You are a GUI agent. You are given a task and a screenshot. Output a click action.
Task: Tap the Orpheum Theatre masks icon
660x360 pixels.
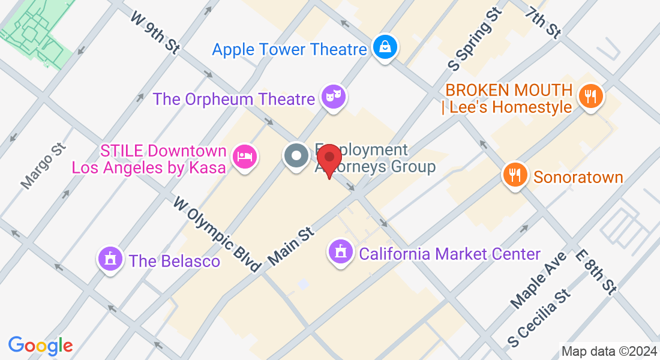pyautogui.click(x=333, y=96)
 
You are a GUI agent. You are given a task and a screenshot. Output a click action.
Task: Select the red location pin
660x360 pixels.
pyautogui.click(x=329, y=158)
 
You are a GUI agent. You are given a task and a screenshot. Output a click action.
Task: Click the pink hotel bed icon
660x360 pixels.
pyautogui.click(x=245, y=157)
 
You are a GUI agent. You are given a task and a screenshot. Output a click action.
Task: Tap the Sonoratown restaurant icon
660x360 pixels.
pyautogui.click(x=515, y=175)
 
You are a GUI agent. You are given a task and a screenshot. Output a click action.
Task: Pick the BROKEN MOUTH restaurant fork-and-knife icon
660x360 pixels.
pyautogui.click(x=590, y=95)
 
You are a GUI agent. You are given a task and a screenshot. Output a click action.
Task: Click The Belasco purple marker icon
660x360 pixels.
pyautogui.click(x=110, y=259)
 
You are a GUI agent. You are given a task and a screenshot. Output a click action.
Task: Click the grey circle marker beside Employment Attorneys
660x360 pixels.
pyautogui.click(x=296, y=157)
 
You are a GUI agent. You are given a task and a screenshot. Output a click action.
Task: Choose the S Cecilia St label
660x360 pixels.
pyautogui.click(x=538, y=319)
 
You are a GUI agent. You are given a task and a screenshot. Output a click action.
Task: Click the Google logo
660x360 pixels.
pyautogui.click(x=40, y=346)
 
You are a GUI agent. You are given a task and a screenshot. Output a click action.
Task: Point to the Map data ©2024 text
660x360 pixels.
pyautogui.click(x=608, y=352)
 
